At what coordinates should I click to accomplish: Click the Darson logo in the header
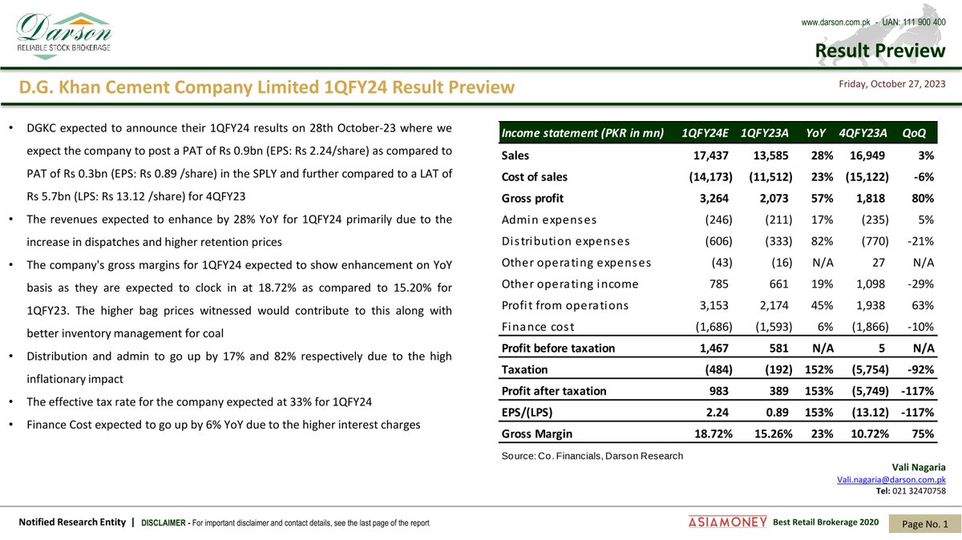pyautogui.click(x=64, y=32)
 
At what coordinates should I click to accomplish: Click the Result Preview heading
pyautogui.click(x=879, y=51)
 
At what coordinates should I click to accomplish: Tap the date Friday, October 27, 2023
pyautogui.click(x=891, y=84)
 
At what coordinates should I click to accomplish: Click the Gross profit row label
pyautogui.click(x=532, y=198)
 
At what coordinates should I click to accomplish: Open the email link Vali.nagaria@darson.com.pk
pyautogui.click(x=891, y=479)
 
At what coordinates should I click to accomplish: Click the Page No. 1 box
pyautogui.click(x=925, y=523)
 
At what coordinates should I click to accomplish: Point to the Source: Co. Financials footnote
pyautogui.click(x=592, y=456)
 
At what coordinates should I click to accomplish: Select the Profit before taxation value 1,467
pyautogui.click(x=712, y=349)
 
